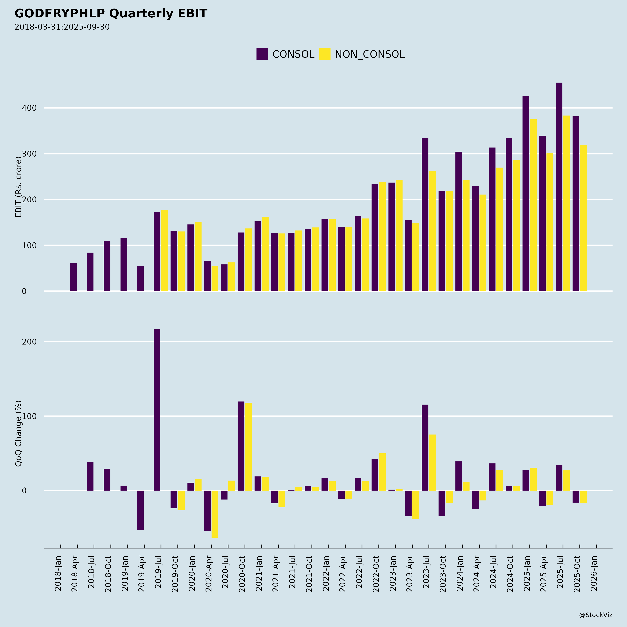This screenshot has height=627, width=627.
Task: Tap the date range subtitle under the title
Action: pos(62,27)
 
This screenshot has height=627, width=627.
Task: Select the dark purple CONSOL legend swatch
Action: pos(262,54)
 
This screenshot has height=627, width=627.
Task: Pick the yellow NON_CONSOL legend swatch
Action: pos(324,54)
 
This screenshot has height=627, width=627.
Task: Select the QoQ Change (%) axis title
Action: pos(18,433)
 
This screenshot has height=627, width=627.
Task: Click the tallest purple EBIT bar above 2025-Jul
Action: pos(559,187)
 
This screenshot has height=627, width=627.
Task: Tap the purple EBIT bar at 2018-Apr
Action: pos(73,277)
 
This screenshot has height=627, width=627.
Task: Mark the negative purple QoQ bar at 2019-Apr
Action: pos(140,510)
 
